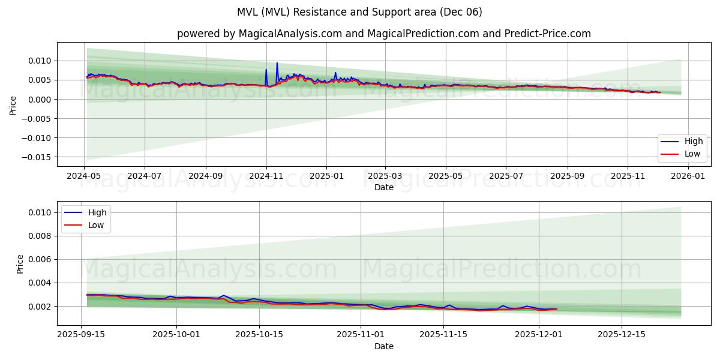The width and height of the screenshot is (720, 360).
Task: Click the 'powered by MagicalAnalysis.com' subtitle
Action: (x=384, y=34)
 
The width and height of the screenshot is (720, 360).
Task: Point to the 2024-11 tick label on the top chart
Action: (x=266, y=176)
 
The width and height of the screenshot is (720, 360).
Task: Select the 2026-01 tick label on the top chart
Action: (x=688, y=176)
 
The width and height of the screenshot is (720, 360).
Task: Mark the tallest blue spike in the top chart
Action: (x=277, y=64)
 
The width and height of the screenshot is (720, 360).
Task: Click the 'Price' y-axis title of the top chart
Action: (x=13, y=104)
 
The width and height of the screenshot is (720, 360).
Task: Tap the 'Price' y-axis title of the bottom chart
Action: (x=20, y=263)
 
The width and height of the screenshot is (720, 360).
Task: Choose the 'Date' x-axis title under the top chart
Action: (x=384, y=187)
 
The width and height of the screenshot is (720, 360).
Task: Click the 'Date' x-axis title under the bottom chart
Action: (x=384, y=346)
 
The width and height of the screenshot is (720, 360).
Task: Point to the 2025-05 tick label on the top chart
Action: (x=446, y=176)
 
